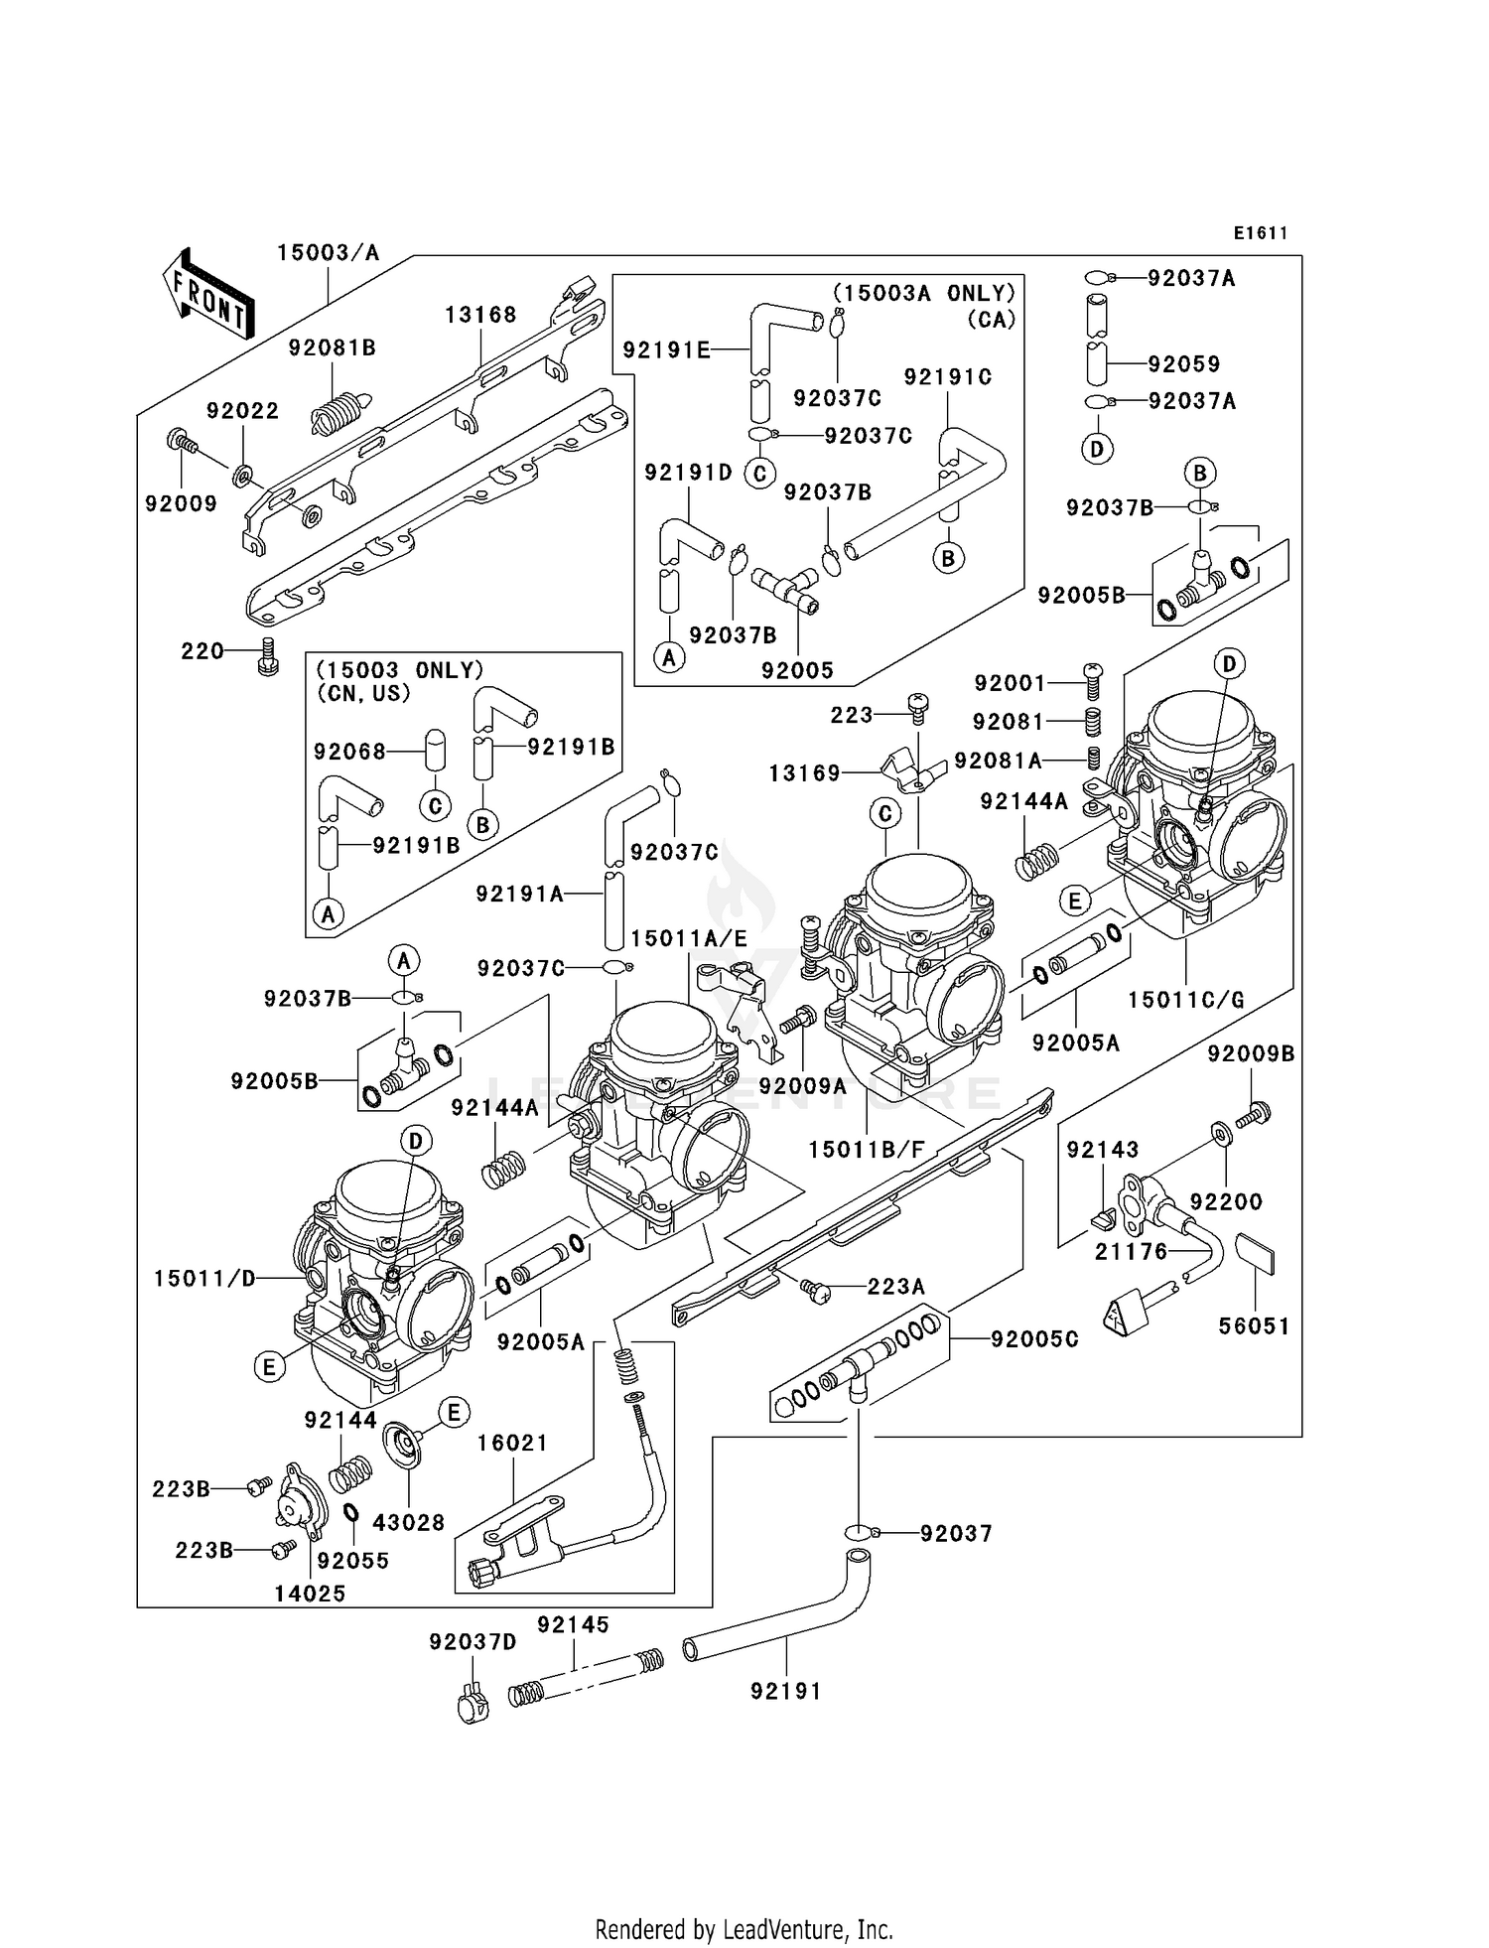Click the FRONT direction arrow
[208, 295]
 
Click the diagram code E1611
[1261, 233]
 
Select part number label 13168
[480, 315]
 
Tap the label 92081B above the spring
[333, 348]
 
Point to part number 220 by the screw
[203, 651]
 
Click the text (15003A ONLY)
[924, 293]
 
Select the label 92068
[349, 752]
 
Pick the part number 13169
[804, 773]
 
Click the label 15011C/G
[1186, 1000]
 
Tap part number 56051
[1254, 1325]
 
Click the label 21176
[1132, 1252]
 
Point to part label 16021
[512, 1443]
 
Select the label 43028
[409, 1522]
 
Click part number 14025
[310, 1594]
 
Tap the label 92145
[573, 1625]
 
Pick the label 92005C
[1034, 1339]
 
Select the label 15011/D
[203, 1279]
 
